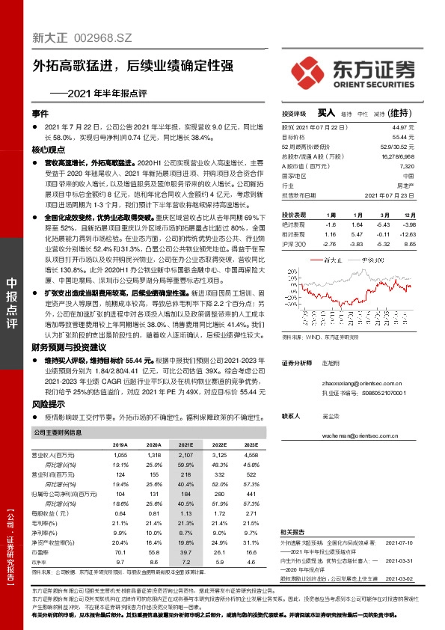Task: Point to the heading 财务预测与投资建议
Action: tap(66, 349)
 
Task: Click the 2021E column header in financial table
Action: tap(184, 444)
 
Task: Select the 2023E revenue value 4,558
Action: tap(250, 454)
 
